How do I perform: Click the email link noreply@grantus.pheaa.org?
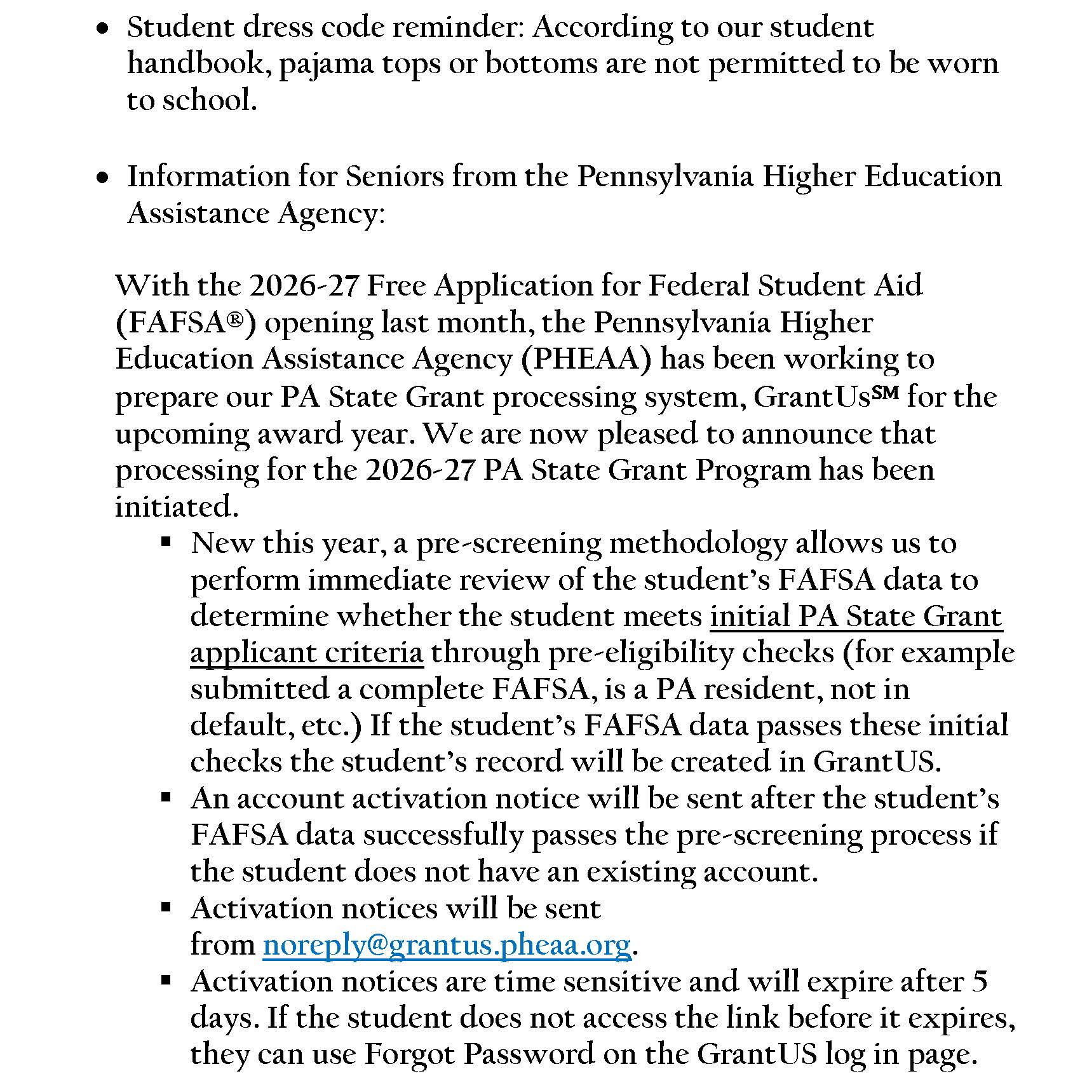pyautogui.click(x=447, y=945)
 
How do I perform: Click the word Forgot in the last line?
pyautogui.click(x=409, y=1054)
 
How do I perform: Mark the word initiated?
pyautogui.click(x=176, y=507)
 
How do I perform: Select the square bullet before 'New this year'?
pyautogui.click(x=166, y=543)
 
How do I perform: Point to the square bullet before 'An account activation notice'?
pyautogui.click(x=166, y=798)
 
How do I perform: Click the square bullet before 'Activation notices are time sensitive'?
pyautogui.click(x=166, y=981)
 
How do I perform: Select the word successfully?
pyautogui.click(x=443, y=835)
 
